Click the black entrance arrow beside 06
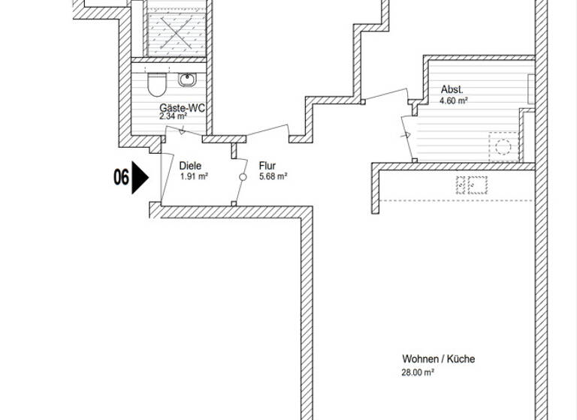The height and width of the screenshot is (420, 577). (x=140, y=178)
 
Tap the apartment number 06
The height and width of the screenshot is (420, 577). (x=120, y=178)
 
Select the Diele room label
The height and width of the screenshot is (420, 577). (x=190, y=166)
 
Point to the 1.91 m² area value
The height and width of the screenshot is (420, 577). (x=194, y=178)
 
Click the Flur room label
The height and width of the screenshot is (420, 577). (x=267, y=166)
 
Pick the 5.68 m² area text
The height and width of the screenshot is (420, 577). (x=273, y=178)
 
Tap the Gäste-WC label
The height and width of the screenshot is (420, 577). (x=182, y=108)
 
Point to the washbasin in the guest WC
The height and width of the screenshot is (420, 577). (x=185, y=78)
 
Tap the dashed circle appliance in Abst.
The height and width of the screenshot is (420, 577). (x=503, y=145)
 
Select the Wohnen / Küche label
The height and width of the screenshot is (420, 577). (x=438, y=359)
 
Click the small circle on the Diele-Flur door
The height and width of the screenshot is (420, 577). (x=243, y=177)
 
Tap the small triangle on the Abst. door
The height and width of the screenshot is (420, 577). (x=406, y=136)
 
